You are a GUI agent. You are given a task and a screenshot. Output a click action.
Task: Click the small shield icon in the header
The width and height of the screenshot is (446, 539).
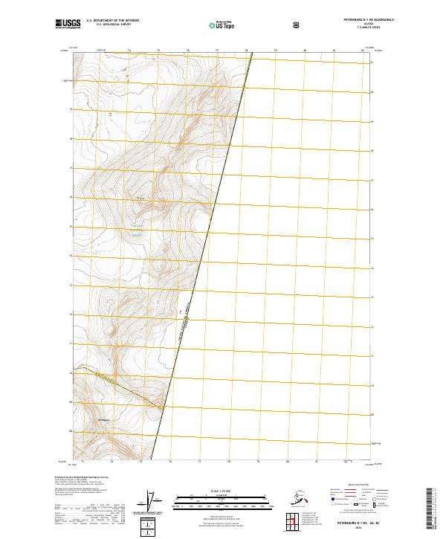pos(297,25)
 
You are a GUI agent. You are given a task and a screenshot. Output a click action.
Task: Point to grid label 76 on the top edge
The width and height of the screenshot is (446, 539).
pos(187,51)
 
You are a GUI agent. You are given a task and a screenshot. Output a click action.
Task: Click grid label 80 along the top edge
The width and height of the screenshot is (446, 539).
pos(305,51)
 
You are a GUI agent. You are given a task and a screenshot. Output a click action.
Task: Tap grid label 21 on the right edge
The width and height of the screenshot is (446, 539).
pos(372,63)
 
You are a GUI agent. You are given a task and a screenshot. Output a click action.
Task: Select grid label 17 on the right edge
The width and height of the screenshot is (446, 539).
pos(372,180)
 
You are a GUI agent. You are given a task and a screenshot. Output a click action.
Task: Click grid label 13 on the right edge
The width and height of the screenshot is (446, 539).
pos(372,297)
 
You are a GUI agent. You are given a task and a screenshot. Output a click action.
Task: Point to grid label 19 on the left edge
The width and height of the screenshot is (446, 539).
pos(71,109)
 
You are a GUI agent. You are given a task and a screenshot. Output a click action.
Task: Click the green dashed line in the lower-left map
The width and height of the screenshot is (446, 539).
pos(126,390)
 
